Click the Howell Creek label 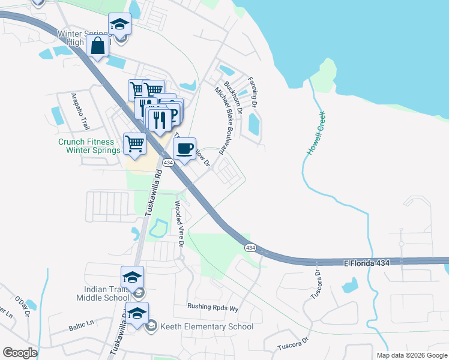point(316,133)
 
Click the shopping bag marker point(97,46)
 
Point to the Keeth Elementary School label point(206,327)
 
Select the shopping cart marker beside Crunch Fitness point(134,143)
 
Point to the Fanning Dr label point(252,92)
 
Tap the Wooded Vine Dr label point(179,224)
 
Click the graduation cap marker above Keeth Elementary point(137,313)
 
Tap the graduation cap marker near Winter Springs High point(119,25)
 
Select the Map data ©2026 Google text point(411,355)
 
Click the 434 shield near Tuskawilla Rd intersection point(167,163)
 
